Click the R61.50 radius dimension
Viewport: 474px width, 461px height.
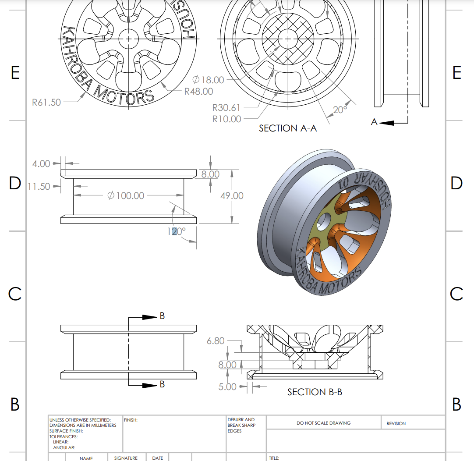click(46, 103)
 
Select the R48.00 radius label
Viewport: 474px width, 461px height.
click(198, 92)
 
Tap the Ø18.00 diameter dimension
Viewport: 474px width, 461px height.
click(208, 80)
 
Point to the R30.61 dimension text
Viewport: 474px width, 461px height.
click(226, 107)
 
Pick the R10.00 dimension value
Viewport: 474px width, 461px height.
click(226, 119)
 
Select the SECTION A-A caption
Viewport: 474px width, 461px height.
click(287, 128)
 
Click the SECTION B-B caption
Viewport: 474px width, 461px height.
click(315, 392)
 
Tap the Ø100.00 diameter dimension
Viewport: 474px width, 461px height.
click(126, 195)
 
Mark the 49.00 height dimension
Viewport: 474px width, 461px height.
click(232, 195)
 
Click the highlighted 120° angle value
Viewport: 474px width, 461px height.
click(177, 231)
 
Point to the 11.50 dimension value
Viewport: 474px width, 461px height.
click(39, 187)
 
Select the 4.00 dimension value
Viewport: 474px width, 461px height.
click(41, 164)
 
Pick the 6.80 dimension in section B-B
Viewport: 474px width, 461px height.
click(216, 340)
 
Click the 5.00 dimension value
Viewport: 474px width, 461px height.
click(227, 387)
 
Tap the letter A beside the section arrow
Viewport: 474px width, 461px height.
click(374, 122)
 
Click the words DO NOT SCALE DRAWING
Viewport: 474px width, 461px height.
click(323, 423)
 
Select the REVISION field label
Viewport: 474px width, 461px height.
click(396, 424)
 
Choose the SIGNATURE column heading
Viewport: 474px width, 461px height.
click(126, 458)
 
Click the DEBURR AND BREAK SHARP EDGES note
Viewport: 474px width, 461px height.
click(241, 425)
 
